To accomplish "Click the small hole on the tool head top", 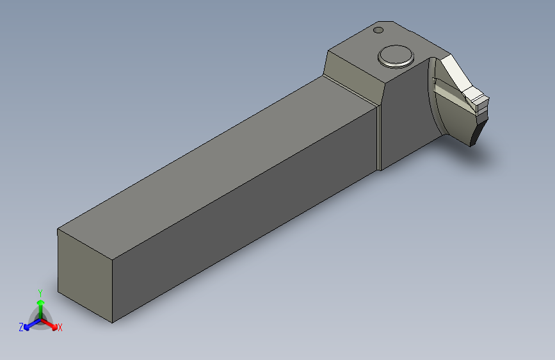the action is (x=378, y=30).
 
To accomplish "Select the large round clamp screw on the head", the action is (x=396, y=56).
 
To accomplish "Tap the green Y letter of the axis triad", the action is (x=40, y=293).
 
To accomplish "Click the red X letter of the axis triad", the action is (x=60, y=328).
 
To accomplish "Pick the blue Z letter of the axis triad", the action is (x=21, y=327).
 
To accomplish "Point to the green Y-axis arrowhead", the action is (x=41, y=303).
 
